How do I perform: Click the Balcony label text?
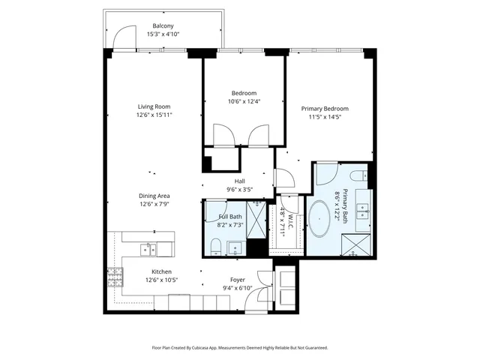tap(163, 25)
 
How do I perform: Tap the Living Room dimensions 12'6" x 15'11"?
tap(155, 115)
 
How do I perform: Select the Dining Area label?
tap(154, 196)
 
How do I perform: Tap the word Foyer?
tap(238, 279)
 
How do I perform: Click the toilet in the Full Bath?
tap(215, 245)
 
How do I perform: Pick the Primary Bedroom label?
tap(325, 108)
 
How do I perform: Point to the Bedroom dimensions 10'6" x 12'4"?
tap(244, 101)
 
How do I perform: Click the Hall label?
tap(240, 181)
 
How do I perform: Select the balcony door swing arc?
tap(120, 36)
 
